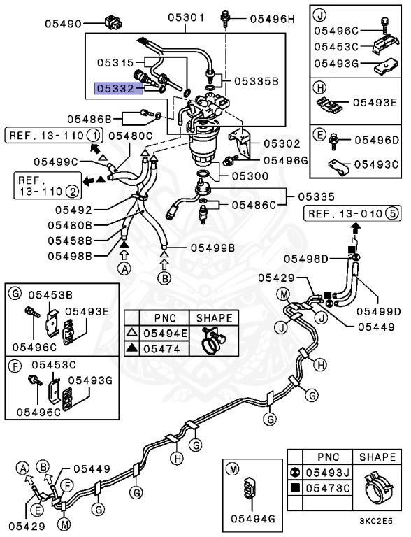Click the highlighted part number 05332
[115, 89]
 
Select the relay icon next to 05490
[113, 22]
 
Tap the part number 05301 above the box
[186, 17]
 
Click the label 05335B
[257, 82]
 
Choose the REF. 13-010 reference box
[352, 214]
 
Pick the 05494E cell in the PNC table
[165, 334]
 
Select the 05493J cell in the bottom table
[328, 473]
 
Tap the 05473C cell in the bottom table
[328, 487]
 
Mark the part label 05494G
[253, 519]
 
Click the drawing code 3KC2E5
[376, 521]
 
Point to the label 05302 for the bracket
[282, 143]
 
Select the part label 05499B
[212, 248]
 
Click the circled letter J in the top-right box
[320, 15]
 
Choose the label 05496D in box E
[377, 140]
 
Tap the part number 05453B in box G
[50, 295]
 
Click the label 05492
[73, 210]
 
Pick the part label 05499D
[378, 312]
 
